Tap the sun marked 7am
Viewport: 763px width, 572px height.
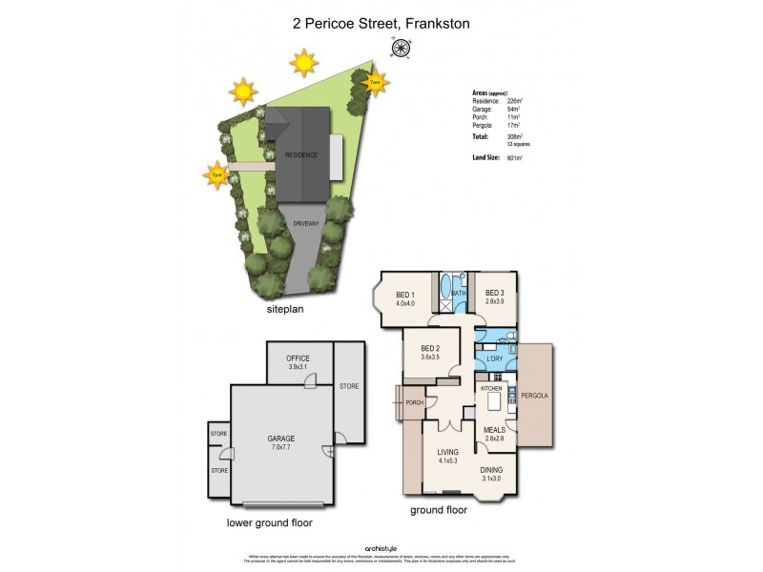coord(376,82)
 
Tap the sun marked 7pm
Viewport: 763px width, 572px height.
coord(217,174)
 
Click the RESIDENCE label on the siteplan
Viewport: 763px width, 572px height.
coord(301,153)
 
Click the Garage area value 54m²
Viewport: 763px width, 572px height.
coord(526,110)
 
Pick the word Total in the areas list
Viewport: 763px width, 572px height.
coord(482,136)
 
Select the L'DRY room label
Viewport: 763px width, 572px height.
coord(494,358)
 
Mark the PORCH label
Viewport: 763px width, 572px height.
coord(415,402)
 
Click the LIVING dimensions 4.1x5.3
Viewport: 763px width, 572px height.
coord(448,461)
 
